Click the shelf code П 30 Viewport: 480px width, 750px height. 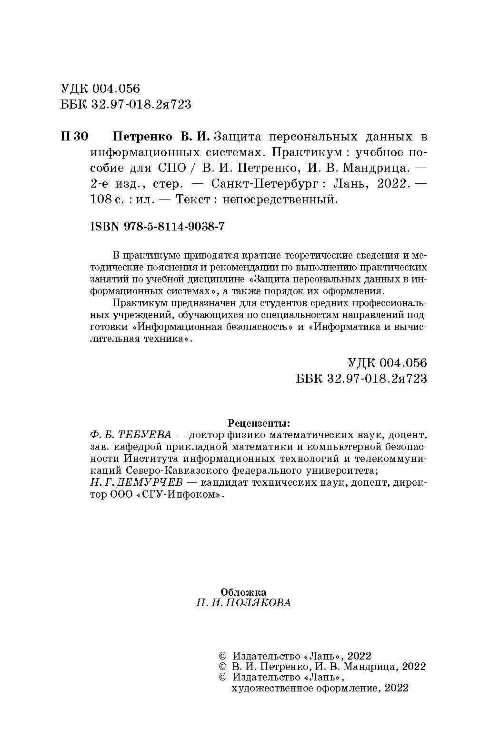point(75,137)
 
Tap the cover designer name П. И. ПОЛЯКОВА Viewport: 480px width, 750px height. point(243,603)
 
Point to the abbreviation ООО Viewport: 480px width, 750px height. point(121,495)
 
